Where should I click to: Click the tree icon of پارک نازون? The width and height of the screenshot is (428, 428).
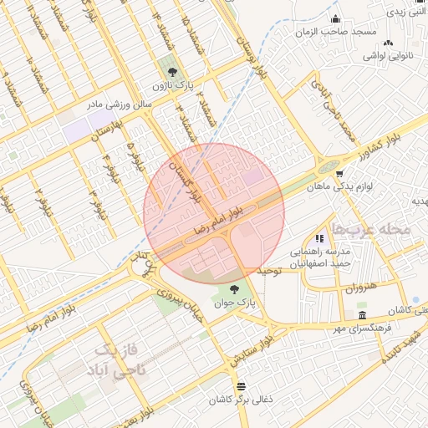(x=173, y=72)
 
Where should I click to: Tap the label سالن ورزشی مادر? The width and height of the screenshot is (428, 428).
(x=121, y=104)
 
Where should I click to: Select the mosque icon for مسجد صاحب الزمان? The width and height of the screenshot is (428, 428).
(x=336, y=19)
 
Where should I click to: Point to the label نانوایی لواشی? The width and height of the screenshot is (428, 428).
(x=386, y=56)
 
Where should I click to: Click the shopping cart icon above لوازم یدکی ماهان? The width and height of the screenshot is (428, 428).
(x=339, y=174)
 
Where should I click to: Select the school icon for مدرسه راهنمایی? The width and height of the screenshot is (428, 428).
(x=319, y=239)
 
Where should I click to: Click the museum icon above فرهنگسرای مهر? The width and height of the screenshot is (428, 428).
(x=361, y=315)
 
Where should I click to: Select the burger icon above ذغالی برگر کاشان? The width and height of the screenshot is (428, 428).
(x=242, y=386)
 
